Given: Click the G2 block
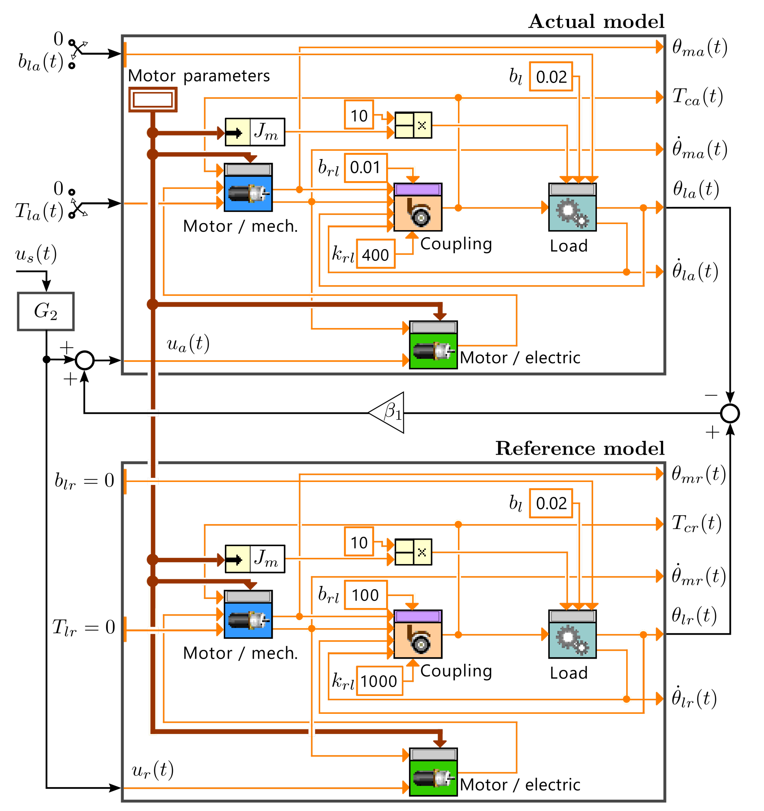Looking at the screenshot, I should coord(46,311).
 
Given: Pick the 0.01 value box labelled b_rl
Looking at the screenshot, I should coord(365,168).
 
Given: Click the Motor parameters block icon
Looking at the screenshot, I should coord(153,99).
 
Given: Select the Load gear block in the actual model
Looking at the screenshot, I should coord(572,207).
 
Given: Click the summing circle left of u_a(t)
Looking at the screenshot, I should coord(85,360).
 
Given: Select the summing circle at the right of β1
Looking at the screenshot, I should coord(730,413).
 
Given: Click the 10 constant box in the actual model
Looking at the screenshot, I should coord(359,116).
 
